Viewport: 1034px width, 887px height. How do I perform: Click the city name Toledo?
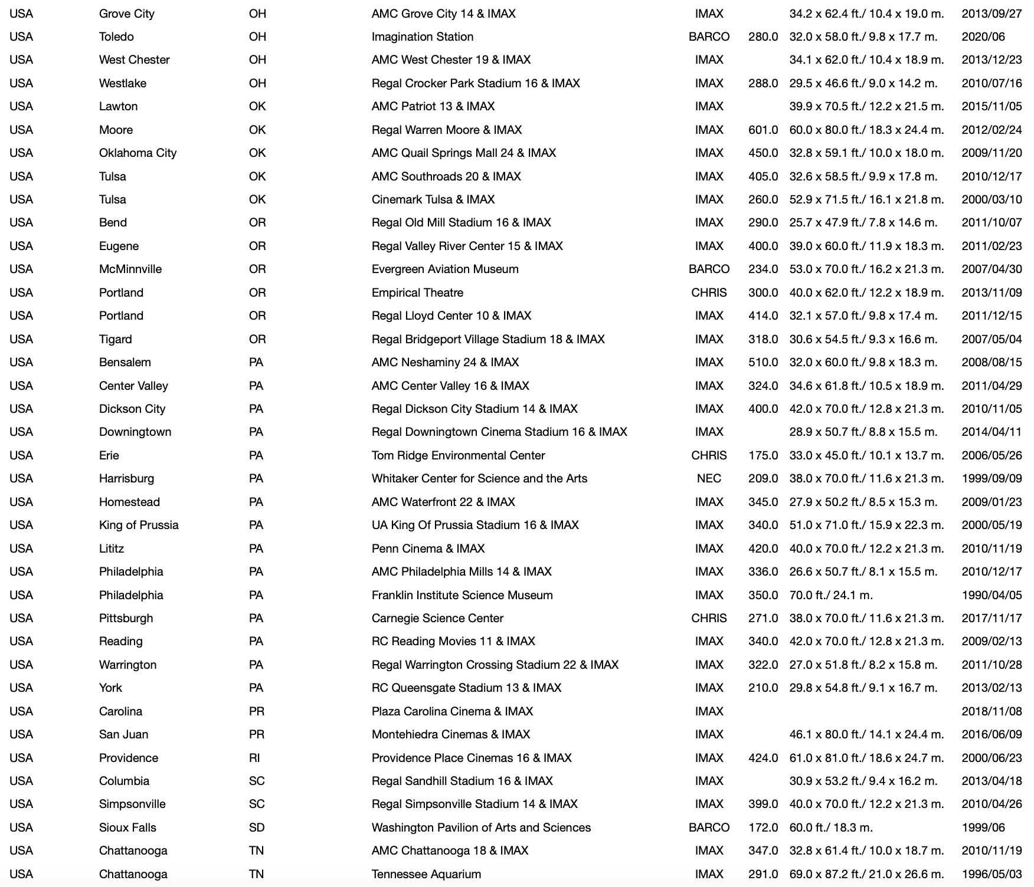[116, 37]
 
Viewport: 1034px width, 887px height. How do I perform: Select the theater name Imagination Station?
[422, 37]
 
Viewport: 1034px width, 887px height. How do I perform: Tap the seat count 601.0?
[763, 130]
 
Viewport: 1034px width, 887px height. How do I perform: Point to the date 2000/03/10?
[992, 199]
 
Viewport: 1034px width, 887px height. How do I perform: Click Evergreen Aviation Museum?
[444, 269]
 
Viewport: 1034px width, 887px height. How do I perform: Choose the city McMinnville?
[130, 269]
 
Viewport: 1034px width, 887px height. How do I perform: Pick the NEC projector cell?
[709, 478]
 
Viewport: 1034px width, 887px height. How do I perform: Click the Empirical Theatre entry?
[417, 293]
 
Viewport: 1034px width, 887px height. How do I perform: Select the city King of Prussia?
[139, 525]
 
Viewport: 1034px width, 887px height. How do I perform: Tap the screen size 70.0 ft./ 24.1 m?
[830, 595]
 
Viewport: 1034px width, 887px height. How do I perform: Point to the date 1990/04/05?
[992, 595]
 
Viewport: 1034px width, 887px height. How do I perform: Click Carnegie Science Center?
[437, 618]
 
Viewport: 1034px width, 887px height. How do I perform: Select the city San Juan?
[123, 734]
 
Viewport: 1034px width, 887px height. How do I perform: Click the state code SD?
[257, 827]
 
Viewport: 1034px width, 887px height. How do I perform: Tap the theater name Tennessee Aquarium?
[426, 874]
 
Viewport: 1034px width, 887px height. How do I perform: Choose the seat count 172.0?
[763, 827]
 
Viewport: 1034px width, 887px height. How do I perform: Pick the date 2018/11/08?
[992, 711]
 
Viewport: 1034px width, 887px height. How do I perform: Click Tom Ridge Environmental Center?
[458, 455]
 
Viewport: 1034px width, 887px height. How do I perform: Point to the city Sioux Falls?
[127, 827]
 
